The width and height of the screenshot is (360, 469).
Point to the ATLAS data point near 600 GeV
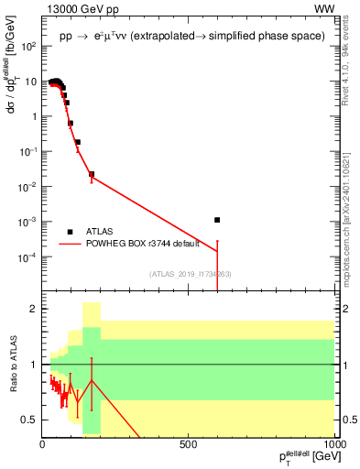217,220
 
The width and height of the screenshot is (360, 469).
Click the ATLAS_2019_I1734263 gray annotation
189,274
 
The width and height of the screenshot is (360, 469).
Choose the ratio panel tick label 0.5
30,420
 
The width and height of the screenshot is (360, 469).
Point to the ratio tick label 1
34,365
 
